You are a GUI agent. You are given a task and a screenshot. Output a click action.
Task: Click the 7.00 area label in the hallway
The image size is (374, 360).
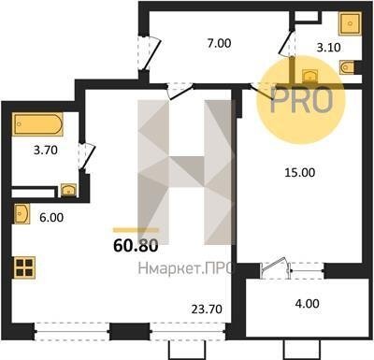click(220, 43)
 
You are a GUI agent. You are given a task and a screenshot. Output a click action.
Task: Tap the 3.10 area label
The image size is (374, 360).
click(328, 48)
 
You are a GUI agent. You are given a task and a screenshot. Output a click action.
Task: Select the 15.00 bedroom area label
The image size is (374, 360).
click(299, 172)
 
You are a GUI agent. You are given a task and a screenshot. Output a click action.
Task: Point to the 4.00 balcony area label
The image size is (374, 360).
click(307, 303)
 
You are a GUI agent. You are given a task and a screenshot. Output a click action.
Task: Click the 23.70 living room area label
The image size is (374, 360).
click(207, 309)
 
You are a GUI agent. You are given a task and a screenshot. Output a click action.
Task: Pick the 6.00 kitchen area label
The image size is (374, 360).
click(51, 218)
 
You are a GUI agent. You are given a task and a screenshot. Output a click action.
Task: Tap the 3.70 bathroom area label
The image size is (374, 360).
click(46, 151)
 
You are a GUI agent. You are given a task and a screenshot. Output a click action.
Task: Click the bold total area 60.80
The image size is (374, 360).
click(136, 246)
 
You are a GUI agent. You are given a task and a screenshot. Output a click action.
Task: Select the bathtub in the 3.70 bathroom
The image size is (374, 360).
click(37, 124)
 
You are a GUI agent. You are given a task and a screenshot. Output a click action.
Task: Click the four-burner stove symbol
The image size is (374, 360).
click(24, 267)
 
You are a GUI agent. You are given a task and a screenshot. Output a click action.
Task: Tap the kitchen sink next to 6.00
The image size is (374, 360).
click(22, 214)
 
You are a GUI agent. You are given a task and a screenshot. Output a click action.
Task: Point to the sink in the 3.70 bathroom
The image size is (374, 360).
click(68, 190)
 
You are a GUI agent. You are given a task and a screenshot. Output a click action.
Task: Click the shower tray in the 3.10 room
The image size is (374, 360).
click(350, 23)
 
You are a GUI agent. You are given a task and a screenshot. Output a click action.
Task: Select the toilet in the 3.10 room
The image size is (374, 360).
click(348, 67)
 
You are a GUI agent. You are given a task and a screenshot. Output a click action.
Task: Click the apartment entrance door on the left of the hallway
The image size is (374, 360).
click(149, 52)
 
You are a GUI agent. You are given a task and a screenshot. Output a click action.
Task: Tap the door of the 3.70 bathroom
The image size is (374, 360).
click(86, 157)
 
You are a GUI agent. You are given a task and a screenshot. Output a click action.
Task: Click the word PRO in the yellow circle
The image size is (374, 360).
click(301, 100)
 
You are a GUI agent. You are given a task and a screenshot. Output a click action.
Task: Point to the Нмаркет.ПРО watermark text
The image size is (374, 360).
click(186, 268)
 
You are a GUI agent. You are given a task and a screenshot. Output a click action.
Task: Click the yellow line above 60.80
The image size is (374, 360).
click(136, 230)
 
